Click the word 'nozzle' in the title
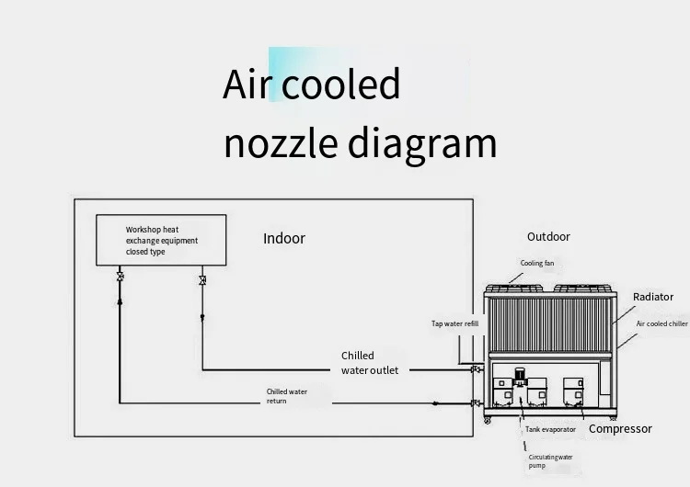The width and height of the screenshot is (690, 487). click(282, 143)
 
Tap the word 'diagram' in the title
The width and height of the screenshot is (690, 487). click(422, 145)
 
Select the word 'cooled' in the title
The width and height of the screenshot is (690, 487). click(340, 85)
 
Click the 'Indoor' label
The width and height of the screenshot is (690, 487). click(284, 238)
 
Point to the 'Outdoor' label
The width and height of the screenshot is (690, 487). click(548, 236)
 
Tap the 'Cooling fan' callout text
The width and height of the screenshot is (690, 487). click(537, 263)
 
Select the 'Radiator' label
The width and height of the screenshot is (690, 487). click(653, 297)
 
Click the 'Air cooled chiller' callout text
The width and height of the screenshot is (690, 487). click(661, 323)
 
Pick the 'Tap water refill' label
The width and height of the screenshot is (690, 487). click(455, 323)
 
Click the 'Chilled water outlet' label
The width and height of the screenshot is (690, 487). click(370, 363)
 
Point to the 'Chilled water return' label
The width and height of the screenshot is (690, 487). click(287, 396)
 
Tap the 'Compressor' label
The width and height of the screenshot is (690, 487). click(620, 429)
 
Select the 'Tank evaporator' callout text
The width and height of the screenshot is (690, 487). click(551, 429)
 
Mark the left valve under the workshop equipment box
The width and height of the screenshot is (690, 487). click(121, 276)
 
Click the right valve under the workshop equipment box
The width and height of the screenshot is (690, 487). click(202, 278)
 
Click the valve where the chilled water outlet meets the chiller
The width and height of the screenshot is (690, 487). click(475, 369)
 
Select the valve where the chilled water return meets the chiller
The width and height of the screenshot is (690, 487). click(475, 403)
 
